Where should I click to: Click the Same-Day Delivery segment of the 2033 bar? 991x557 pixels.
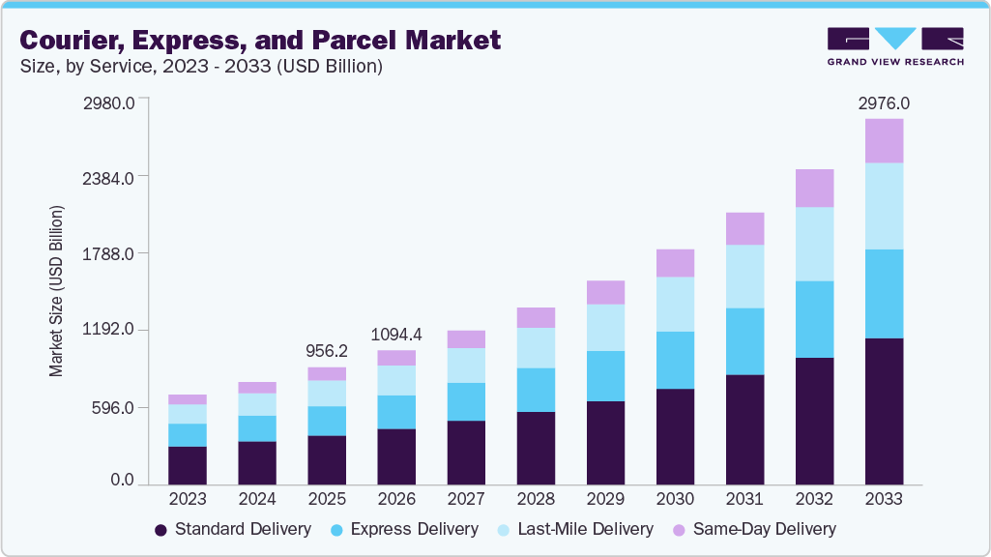coord(884,141)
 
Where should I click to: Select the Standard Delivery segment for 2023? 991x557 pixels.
coord(188,465)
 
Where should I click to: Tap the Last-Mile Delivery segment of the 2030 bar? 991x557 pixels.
coord(675,305)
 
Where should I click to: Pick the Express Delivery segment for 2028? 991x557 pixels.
coord(536,390)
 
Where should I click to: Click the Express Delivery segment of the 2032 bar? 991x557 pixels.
coord(814,319)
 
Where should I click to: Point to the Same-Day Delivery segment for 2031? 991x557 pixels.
coord(744,229)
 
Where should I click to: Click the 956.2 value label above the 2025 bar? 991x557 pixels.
coord(327,351)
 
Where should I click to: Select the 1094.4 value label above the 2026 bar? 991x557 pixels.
coord(396,335)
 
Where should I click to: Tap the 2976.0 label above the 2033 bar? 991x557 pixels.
coord(884,103)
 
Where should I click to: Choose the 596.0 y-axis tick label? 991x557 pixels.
coord(113,407)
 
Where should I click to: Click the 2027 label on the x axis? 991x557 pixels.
coord(466,499)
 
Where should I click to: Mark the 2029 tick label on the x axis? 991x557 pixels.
coord(605,499)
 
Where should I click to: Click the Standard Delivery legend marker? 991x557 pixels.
coord(160,530)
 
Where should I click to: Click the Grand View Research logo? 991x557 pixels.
coord(894,45)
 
